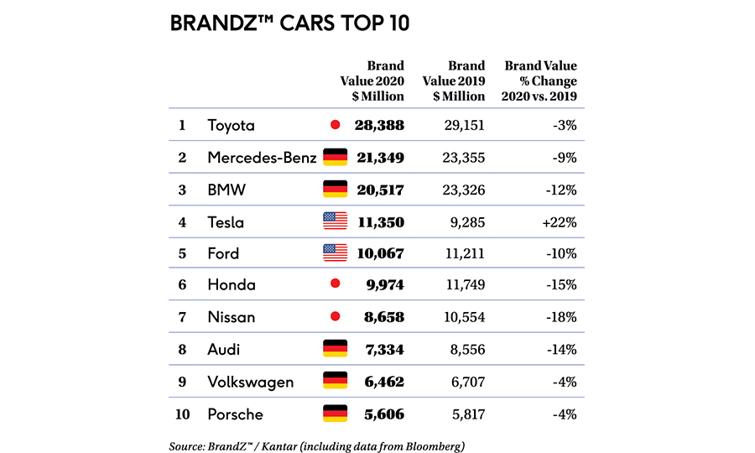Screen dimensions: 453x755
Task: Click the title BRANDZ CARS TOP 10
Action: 289,23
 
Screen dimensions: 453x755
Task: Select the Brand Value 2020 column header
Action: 374,81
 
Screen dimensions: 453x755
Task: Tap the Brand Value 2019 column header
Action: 459,81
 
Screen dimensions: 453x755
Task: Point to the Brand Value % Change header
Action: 541,81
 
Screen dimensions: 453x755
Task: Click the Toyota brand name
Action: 231,126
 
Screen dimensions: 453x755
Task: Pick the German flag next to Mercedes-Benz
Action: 335,158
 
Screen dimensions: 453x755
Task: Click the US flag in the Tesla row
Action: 335,221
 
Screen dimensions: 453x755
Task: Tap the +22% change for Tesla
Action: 559,222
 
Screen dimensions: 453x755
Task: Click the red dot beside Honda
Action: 335,285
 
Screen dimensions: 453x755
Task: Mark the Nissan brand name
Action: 231,318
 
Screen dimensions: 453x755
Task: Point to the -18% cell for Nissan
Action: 560,318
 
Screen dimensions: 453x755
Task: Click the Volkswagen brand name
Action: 251,382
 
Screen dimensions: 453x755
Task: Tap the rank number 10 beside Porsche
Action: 182,414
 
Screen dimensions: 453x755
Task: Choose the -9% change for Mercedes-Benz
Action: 564,158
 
